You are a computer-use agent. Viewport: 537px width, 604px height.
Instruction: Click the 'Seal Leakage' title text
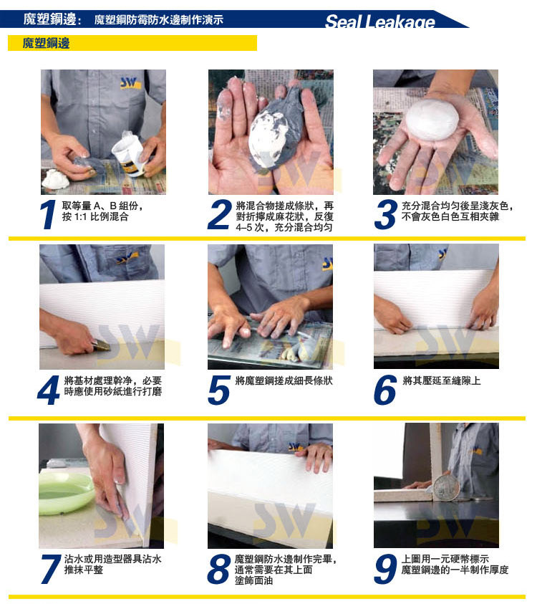(380, 21)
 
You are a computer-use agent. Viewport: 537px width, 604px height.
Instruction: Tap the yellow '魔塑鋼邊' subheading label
(47, 43)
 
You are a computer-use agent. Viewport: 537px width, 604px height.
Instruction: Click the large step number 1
(49, 214)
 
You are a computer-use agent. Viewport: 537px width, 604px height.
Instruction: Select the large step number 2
(219, 214)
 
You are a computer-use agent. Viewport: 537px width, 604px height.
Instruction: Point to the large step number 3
(385, 214)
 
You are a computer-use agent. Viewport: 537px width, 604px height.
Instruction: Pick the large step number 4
(49, 390)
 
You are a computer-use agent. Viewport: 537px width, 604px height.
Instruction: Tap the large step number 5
(218, 390)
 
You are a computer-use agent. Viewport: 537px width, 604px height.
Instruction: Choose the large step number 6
(385, 390)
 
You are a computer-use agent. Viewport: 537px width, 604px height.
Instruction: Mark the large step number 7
(51, 569)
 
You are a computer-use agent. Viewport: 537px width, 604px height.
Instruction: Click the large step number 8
(218, 569)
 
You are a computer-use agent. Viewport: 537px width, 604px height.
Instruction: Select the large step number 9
(385, 569)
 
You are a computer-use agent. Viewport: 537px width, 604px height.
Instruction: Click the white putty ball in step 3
(432, 119)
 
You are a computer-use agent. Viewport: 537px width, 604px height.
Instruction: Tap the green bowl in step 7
(65, 493)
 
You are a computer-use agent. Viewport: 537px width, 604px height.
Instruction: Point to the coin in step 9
(447, 488)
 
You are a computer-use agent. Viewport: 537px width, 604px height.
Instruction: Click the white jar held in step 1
(130, 153)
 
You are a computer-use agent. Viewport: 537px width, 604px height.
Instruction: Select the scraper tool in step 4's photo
(101, 345)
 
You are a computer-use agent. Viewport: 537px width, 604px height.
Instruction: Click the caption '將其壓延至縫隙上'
(441, 381)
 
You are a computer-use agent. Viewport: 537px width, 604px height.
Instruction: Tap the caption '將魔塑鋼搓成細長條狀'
(284, 381)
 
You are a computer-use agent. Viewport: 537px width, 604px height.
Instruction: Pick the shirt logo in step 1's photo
(130, 83)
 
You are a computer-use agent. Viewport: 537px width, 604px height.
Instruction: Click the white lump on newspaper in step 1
(55, 180)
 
